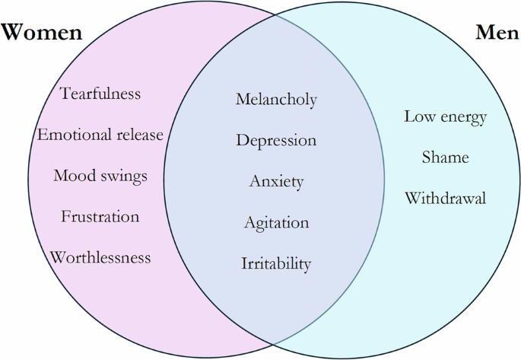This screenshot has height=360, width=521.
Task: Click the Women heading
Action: click(x=42, y=33)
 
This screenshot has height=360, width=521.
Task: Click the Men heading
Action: click(x=497, y=33)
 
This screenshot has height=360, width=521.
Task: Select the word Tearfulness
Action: click(x=100, y=94)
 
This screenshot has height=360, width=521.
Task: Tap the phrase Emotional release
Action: click(x=100, y=135)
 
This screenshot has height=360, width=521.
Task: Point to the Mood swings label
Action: click(x=100, y=176)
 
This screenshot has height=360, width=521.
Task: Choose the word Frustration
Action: click(x=100, y=217)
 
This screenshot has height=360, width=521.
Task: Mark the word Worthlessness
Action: click(x=100, y=257)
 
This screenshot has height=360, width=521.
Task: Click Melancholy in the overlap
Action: click(x=276, y=100)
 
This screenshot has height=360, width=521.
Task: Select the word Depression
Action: click(x=276, y=141)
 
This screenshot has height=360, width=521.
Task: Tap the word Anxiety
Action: click(x=276, y=182)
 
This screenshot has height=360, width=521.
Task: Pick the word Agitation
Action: click(x=276, y=223)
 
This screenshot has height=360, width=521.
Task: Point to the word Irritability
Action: click(x=276, y=264)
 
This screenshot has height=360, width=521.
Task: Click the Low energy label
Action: click(x=445, y=117)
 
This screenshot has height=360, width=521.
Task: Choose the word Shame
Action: click(x=445, y=158)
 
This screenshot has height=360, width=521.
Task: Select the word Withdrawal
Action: click(x=445, y=199)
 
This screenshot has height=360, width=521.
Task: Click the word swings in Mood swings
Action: click(x=124, y=177)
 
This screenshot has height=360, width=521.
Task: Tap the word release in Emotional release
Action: click(x=139, y=135)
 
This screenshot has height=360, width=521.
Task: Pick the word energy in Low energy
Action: click(x=463, y=118)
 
